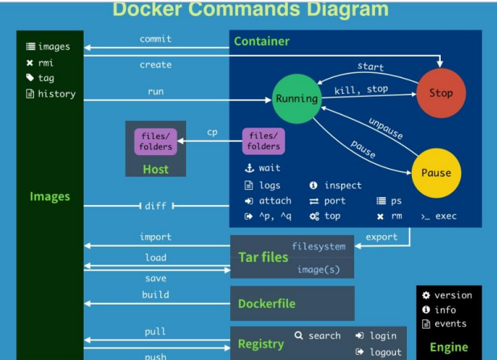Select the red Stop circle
[441, 93]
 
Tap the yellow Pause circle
[436, 173]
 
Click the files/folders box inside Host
[156, 141]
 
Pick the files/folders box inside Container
[264, 141]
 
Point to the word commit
[156, 39]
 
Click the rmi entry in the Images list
[46, 63]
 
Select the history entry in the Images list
[56, 94]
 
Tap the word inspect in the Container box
[343, 185]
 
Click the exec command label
[446, 216]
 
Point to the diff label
[156, 206]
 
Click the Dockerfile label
[267, 304]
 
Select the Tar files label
[263, 258]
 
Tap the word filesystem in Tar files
[318, 246]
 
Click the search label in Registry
[325, 335]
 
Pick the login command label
[383, 335]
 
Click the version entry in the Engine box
[453, 295]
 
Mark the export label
[382, 237]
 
